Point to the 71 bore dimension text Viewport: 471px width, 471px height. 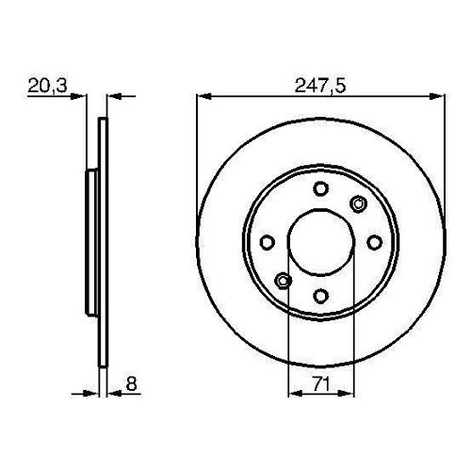point(320,384)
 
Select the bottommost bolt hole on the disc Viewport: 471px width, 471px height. point(320,295)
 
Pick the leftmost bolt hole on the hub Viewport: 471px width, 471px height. point(267,241)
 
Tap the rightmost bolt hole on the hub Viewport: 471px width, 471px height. point(374,241)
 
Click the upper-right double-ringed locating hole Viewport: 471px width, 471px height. point(357,203)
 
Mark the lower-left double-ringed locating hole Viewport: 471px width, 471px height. point(284,279)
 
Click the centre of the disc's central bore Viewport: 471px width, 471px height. point(320,241)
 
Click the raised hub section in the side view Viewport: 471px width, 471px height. point(91,241)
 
